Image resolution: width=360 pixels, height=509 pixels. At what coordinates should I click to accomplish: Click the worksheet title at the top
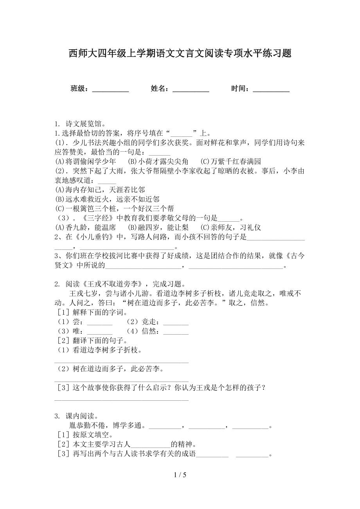pos(180,54)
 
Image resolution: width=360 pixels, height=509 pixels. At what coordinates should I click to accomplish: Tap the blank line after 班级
pos(110,89)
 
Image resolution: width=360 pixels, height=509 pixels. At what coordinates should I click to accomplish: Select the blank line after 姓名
pos(191,89)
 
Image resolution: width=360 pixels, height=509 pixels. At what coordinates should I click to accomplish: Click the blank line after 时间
pos(271,89)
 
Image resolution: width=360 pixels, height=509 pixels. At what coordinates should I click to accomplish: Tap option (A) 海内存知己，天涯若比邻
pos(99,190)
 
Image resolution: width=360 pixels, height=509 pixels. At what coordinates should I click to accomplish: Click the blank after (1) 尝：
pos(99,323)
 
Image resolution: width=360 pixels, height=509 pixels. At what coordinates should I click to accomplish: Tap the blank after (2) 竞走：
pos(176,323)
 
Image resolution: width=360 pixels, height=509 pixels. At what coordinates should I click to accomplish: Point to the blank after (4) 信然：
pos(176,332)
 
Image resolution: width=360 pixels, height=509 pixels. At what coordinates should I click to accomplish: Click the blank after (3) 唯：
pos(99,332)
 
